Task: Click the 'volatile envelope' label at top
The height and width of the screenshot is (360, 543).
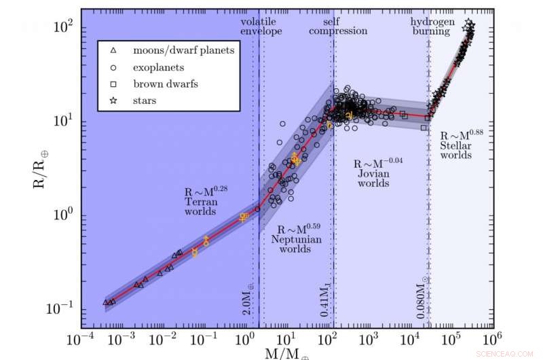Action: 261,26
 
